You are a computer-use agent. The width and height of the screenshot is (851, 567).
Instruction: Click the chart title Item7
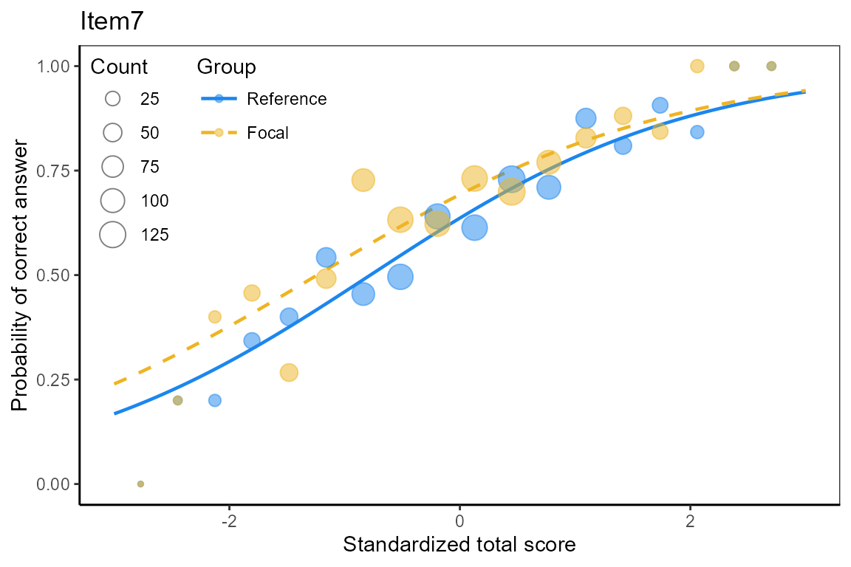(112, 21)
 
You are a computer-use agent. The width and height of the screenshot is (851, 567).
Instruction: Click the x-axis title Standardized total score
(459, 544)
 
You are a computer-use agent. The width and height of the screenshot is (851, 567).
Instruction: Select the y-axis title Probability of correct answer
(19, 275)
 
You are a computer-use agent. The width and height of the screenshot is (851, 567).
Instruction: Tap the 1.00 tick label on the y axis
(52, 66)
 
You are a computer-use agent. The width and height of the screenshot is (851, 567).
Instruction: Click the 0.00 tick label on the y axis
(52, 484)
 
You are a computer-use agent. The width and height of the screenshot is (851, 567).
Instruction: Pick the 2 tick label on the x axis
(690, 521)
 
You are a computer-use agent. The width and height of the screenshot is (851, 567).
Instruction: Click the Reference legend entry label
(287, 99)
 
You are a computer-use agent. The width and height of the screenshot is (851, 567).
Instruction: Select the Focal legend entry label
(267, 133)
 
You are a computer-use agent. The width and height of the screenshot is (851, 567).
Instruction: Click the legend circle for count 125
(113, 235)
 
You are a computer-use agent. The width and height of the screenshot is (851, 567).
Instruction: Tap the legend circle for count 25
(113, 99)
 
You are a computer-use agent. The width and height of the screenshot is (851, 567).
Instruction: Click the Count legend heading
(119, 66)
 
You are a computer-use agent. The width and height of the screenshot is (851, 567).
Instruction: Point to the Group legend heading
(226, 66)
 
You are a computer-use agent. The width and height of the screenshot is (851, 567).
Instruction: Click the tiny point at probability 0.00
(140, 484)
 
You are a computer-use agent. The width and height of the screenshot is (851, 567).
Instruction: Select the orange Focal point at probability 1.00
(697, 66)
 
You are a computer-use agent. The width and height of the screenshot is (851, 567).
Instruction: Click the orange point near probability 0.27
(290, 373)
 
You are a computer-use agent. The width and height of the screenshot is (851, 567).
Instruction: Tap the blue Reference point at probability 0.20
(215, 400)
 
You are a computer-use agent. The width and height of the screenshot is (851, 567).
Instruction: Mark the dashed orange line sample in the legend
(219, 133)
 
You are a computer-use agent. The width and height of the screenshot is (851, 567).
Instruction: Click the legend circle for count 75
(113, 167)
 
